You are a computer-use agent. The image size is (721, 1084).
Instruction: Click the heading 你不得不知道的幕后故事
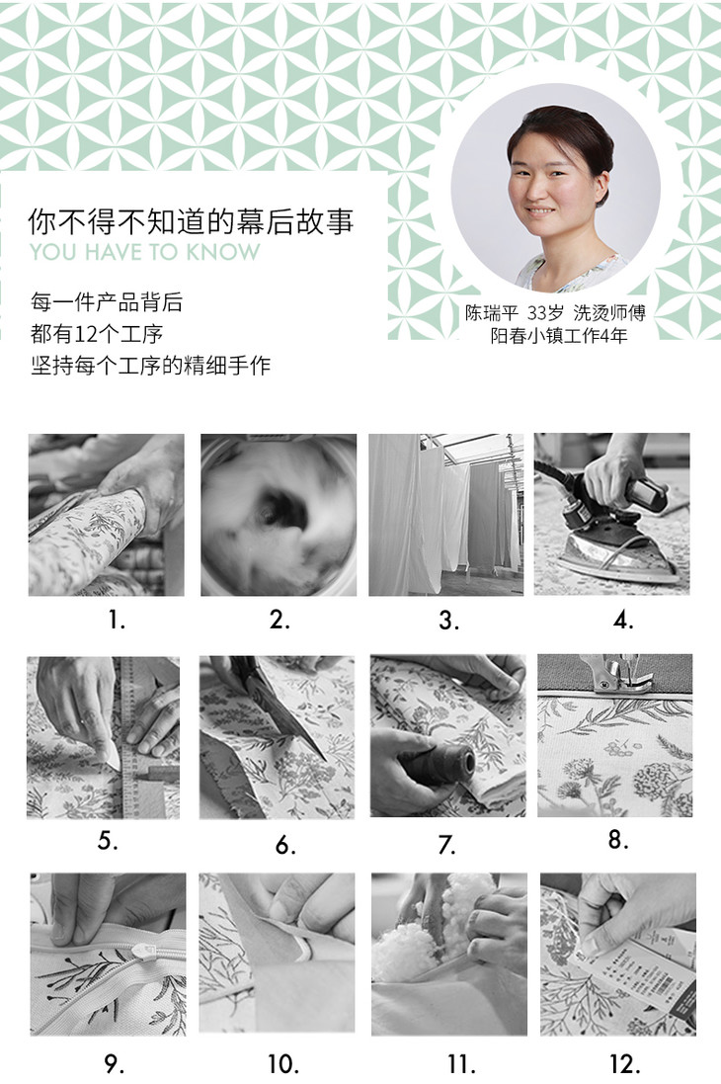tap(191, 220)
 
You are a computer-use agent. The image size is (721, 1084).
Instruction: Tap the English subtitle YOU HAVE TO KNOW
tap(145, 252)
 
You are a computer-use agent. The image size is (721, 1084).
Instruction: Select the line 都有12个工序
tap(97, 334)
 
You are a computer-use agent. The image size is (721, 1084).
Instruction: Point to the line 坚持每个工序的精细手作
tap(151, 365)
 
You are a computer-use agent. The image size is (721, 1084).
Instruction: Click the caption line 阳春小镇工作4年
tap(559, 336)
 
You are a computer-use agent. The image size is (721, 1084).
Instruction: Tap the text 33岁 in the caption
tap(545, 313)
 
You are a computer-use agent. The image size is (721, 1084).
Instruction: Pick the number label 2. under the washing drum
tap(280, 620)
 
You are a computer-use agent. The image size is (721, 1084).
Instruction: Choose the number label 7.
tap(447, 844)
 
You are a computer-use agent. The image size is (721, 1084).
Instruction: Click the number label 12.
tap(625, 1063)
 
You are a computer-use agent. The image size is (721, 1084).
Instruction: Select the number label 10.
tap(283, 1063)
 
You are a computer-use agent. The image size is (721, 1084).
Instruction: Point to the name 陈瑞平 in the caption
tap(491, 313)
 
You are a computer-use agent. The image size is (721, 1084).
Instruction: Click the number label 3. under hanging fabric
tap(448, 621)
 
